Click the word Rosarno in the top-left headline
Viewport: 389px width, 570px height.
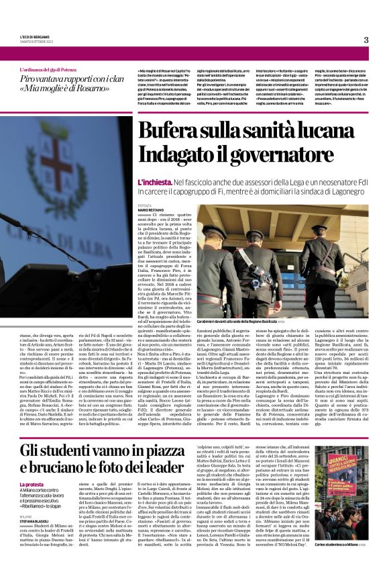[x=100, y=87]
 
